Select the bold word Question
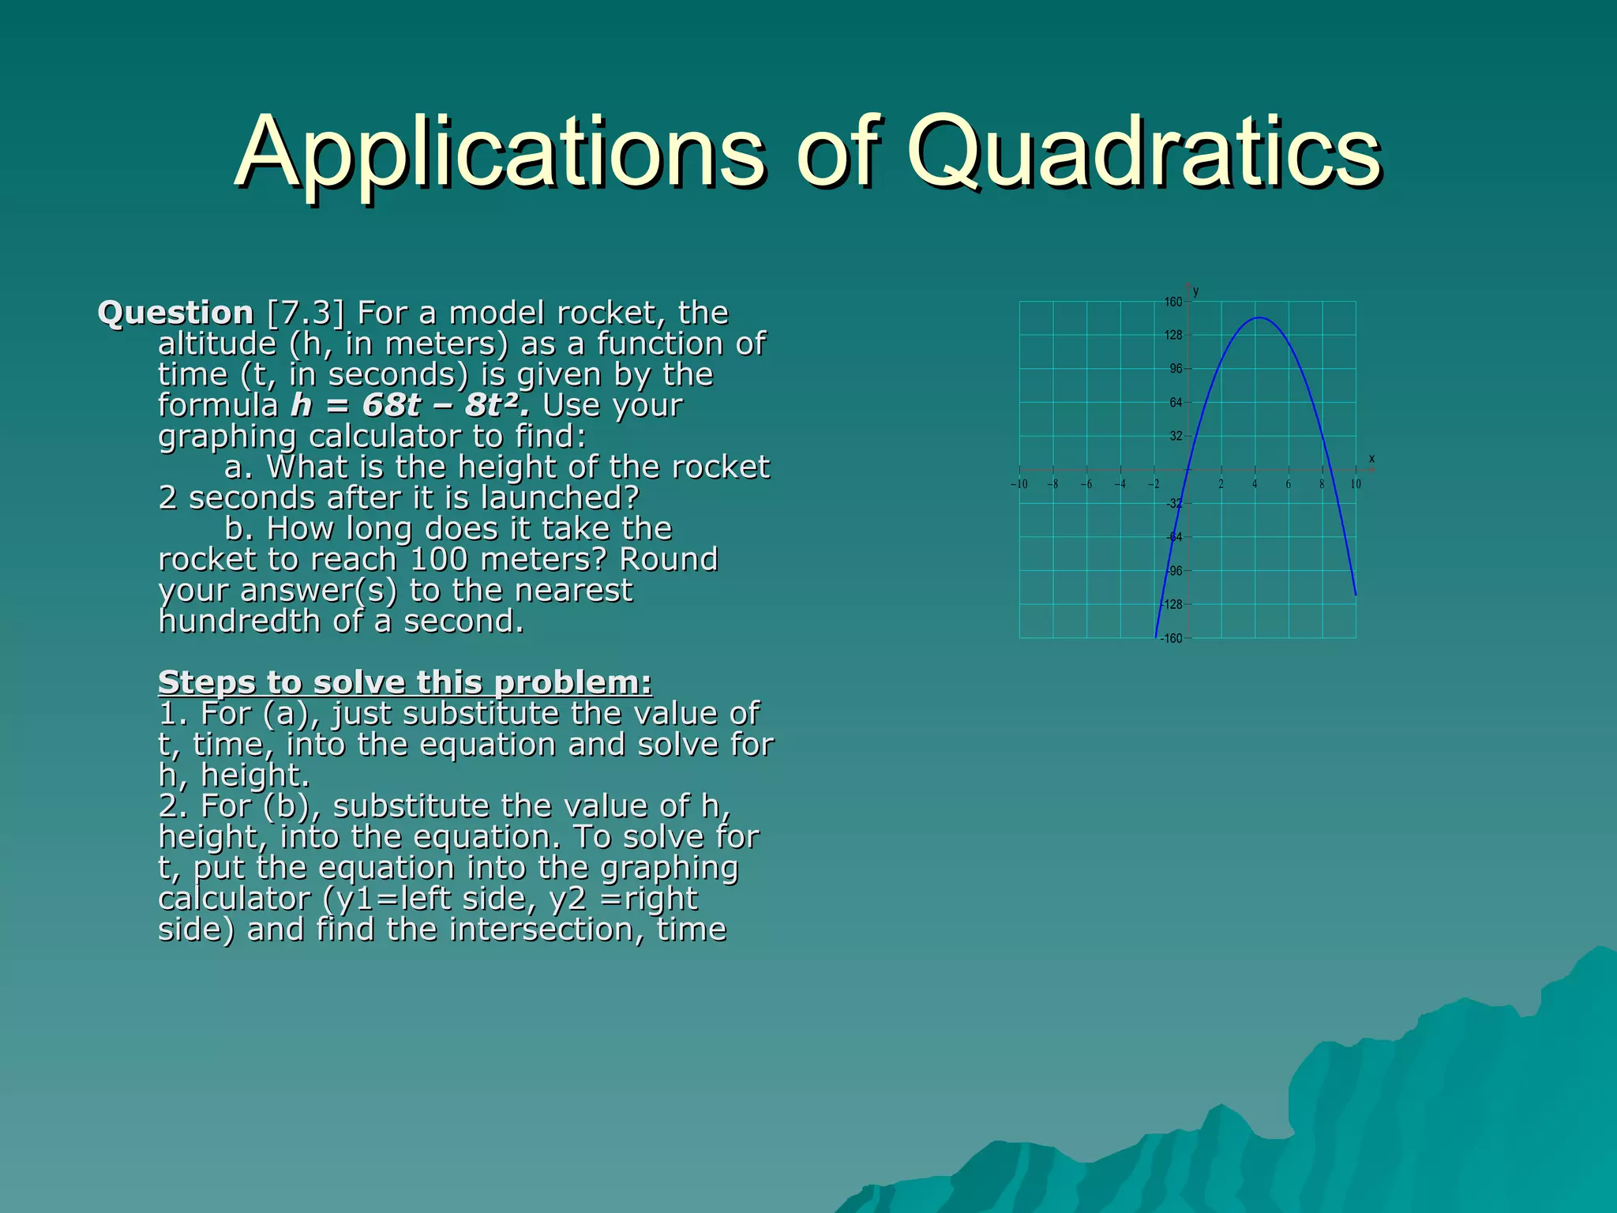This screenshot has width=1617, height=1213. click(175, 314)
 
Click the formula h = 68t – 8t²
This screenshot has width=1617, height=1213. click(410, 406)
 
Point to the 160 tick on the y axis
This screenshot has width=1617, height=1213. click(1173, 302)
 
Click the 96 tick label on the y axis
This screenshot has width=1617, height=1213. click(1176, 369)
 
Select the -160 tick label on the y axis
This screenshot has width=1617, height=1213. click(1172, 638)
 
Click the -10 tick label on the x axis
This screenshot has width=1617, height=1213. click(1019, 484)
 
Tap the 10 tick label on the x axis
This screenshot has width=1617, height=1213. click(1356, 484)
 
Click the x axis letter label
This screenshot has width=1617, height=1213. click(1371, 459)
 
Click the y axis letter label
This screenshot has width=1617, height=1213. click(1196, 291)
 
